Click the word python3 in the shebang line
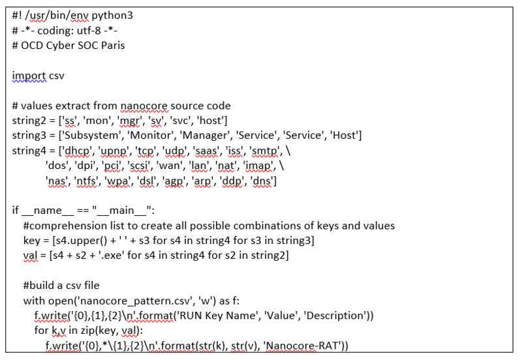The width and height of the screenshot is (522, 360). [x=112, y=16]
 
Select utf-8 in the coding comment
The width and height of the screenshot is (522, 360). [x=89, y=31]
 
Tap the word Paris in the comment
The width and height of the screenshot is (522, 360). [x=113, y=46]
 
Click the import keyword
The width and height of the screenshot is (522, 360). [x=29, y=76]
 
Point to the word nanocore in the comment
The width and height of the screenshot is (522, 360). [x=144, y=106]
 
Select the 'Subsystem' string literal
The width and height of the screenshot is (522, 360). [x=92, y=136]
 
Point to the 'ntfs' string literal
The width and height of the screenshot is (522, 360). [x=87, y=181]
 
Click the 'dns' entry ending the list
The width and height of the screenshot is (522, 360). [x=263, y=181]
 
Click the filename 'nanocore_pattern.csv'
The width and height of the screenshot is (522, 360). [x=136, y=301]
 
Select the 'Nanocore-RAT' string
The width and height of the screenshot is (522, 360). [x=303, y=346]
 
